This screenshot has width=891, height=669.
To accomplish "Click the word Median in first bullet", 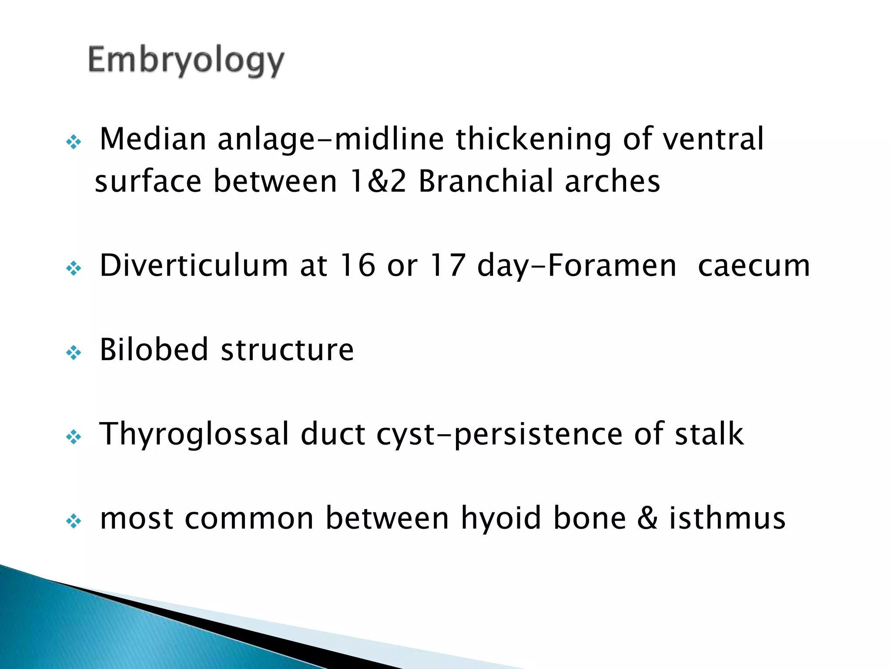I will (x=153, y=139).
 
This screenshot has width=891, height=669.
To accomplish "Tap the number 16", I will (x=357, y=265).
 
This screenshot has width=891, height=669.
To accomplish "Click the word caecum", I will (x=754, y=265).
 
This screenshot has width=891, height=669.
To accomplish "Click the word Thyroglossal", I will (x=194, y=434).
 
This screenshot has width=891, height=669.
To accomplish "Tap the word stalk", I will (x=709, y=434).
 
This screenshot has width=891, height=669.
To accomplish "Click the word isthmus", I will (x=727, y=518).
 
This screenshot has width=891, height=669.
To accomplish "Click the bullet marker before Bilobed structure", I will (x=74, y=352).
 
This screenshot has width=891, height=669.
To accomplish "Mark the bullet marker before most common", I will (x=74, y=521).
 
